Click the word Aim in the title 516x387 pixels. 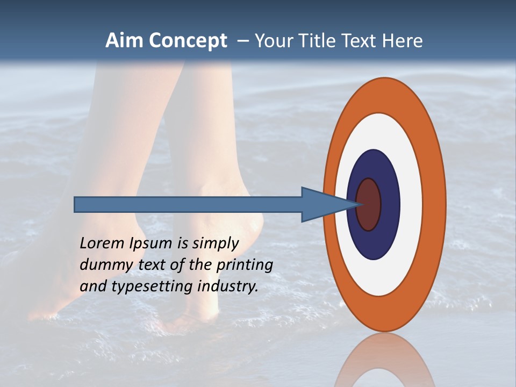124,41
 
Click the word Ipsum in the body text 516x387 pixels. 151,244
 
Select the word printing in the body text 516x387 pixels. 245,265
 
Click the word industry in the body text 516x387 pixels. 228,286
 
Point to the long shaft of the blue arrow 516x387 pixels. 188,205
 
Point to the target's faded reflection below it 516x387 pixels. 384,360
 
